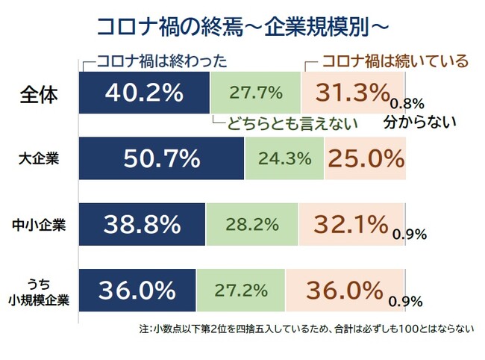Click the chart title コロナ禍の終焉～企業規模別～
pyautogui.click(x=242, y=25)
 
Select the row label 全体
pyautogui.click(x=39, y=96)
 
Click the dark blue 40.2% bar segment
pyautogui.click(x=144, y=93)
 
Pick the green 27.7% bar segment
pyautogui.click(x=255, y=93)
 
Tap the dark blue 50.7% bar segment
pyautogui.click(x=161, y=158)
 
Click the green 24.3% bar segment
pyautogui.click(x=284, y=158)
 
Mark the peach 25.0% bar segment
pyautogui.click(x=365, y=158)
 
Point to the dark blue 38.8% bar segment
pyautogui.click(x=142, y=223)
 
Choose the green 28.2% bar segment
pyautogui.click(x=252, y=223)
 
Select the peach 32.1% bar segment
pyautogui.click(x=351, y=223)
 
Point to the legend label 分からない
pyautogui.click(x=420, y=122)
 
